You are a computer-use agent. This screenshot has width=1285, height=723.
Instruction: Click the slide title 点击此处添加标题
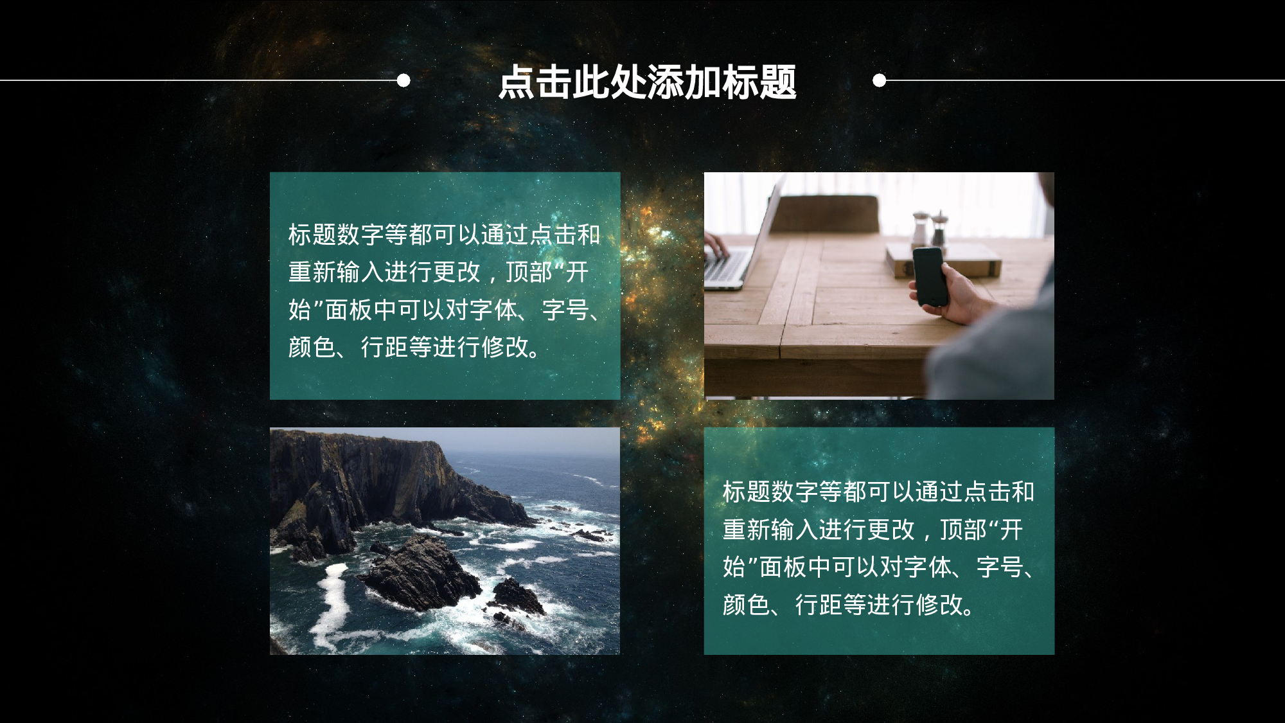coord(647,82)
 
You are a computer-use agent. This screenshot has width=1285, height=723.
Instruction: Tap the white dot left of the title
coord(403,80)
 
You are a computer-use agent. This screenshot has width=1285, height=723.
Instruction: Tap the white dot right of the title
coord(880,80)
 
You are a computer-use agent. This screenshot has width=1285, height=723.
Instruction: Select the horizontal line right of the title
coord(1086,80)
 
